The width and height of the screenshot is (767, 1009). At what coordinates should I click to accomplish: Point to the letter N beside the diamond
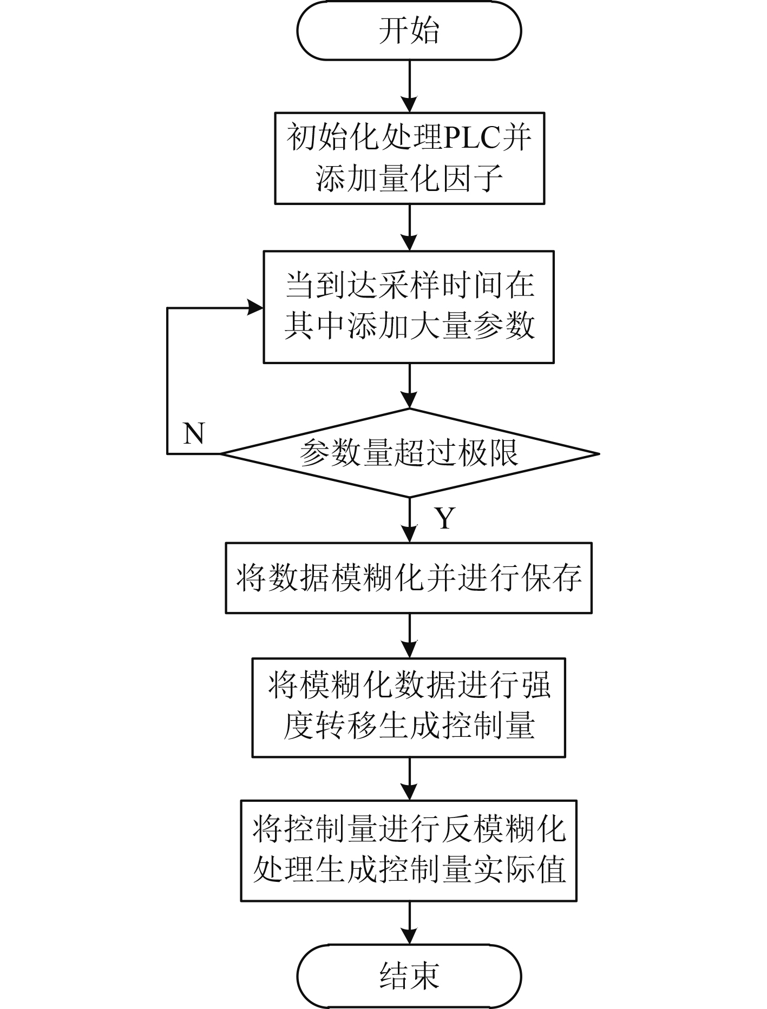coord(193,433)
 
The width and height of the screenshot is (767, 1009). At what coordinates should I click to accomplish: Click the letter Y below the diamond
coord(445,518)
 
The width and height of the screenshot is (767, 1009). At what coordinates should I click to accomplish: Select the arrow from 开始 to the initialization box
coord(410,85)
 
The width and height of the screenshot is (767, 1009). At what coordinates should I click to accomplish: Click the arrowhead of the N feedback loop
coord(256,308)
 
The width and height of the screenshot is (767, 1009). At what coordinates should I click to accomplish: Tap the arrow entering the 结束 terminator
coord(410,923)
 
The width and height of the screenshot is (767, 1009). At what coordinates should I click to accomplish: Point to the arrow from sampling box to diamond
coord(410,386)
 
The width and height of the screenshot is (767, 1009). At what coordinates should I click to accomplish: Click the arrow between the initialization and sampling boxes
coord(410,227)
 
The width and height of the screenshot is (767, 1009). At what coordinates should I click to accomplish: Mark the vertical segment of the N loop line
coord(167,381)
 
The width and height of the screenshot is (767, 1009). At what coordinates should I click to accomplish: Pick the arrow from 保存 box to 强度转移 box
coord(410,636)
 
